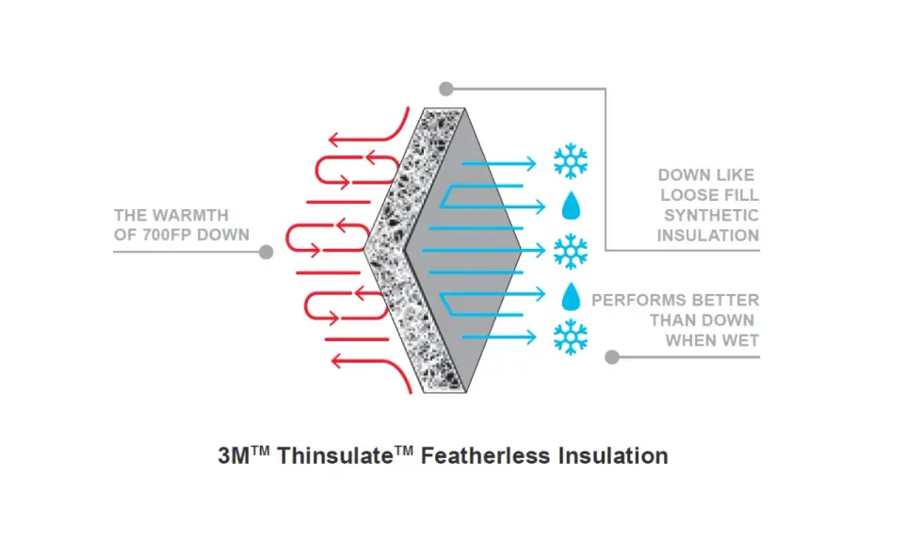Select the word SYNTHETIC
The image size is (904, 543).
711,215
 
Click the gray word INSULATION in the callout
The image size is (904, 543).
708,236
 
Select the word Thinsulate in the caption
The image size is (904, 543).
335,456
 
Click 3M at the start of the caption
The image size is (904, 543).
233,456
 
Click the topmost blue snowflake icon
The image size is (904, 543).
571,160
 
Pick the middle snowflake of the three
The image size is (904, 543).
571,251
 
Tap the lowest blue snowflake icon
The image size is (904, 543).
571,337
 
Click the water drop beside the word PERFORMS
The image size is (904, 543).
571,296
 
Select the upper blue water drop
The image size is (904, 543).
571,206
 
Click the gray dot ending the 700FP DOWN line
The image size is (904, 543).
266,252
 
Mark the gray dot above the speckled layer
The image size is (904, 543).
445,89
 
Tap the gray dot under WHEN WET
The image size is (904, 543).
612,357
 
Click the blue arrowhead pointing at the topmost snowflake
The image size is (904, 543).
530,164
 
